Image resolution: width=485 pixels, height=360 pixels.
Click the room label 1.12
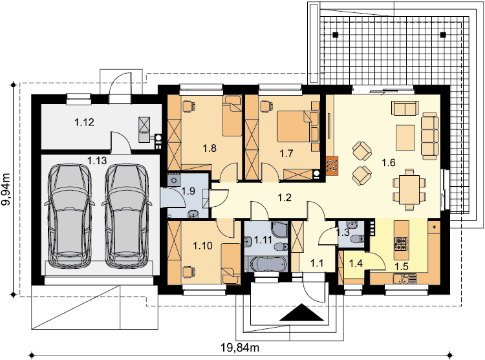(84, 122)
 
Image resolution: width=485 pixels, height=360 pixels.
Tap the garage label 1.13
(97, 161)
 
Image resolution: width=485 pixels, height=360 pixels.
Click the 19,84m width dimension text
(240, 348)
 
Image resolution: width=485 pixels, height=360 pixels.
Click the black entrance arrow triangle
(301, 313)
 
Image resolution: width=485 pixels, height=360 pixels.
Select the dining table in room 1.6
(409, 189)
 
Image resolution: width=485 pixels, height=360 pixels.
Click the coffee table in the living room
(405, 137)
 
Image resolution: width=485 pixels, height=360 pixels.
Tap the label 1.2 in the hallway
(285, 198)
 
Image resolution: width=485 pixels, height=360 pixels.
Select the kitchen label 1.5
(402, 266)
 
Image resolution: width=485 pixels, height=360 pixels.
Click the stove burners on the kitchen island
(401, 244)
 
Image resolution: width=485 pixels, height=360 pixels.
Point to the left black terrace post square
(336, 34)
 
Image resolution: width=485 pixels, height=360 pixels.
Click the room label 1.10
(202, 246)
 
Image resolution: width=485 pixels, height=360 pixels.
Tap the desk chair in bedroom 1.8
(189, 106)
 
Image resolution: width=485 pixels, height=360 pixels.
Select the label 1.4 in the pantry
(356, 263)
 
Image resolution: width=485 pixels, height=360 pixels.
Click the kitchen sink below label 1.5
(401, 279)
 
